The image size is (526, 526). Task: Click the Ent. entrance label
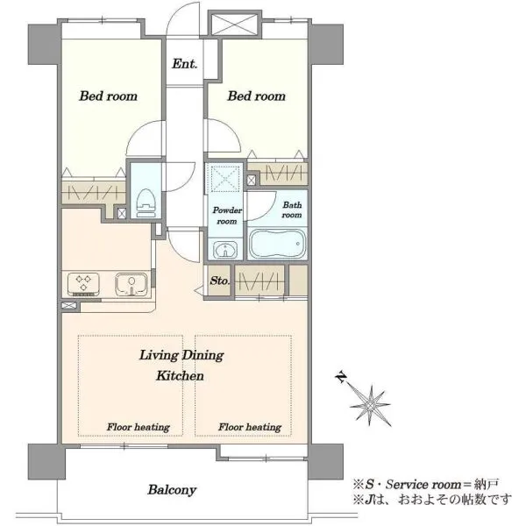pyautogui.click(x=184, y=63)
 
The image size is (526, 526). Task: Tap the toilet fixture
pyautogui.click(x=146, y=203)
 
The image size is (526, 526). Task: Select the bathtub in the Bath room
pyautogui.click(x=277, y=243)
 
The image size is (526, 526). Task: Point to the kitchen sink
pyautogui.click(x=131, y=284)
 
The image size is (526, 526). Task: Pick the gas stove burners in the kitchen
pyautogui.click(x=83, y=284)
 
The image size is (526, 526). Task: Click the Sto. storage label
pyautogui.click(x=220, y=281)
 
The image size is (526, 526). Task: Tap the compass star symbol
pyautogui.click(x=370, y=405)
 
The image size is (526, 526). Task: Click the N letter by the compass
pyautogui.click(x=341, y=378)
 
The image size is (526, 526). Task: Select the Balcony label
pyautogui.click(x=172, y=490)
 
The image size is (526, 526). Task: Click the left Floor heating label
pyautogui.click(x=139, y=427)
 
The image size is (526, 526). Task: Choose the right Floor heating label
pyautogui.click(x=250, y=427)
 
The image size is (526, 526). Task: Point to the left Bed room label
pyautogui.click(x=108, y=96)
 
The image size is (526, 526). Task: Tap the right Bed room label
pyautogui.click(x=257, y=96)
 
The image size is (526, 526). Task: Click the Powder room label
pyautogui.click(x=227, y=216)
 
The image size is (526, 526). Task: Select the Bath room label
pyautogui.click(x=292, y=210)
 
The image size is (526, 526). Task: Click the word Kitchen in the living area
pyautogui.click(x=180, y=376)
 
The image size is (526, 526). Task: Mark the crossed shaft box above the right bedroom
pyautogui.click(x=234, y=23)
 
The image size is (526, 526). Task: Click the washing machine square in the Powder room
pyautogui.click(x=224, y=178)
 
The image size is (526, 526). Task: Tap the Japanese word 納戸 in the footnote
pyautogui.click(x=487, y=484)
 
